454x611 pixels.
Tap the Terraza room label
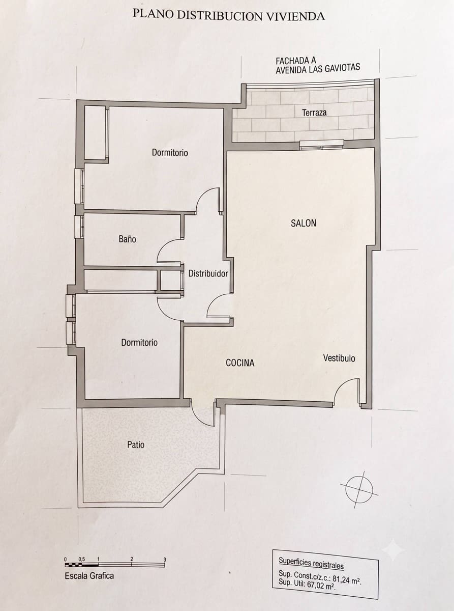click(314, 113)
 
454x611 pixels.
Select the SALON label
click(304, 223)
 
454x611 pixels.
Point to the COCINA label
click(240, 363)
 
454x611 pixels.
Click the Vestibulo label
click(339, 358)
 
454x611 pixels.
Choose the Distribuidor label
click(208, 273)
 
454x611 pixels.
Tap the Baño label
click(128, 239)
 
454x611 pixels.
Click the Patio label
click(136, 445)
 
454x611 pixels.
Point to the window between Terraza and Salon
click(322, 144)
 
